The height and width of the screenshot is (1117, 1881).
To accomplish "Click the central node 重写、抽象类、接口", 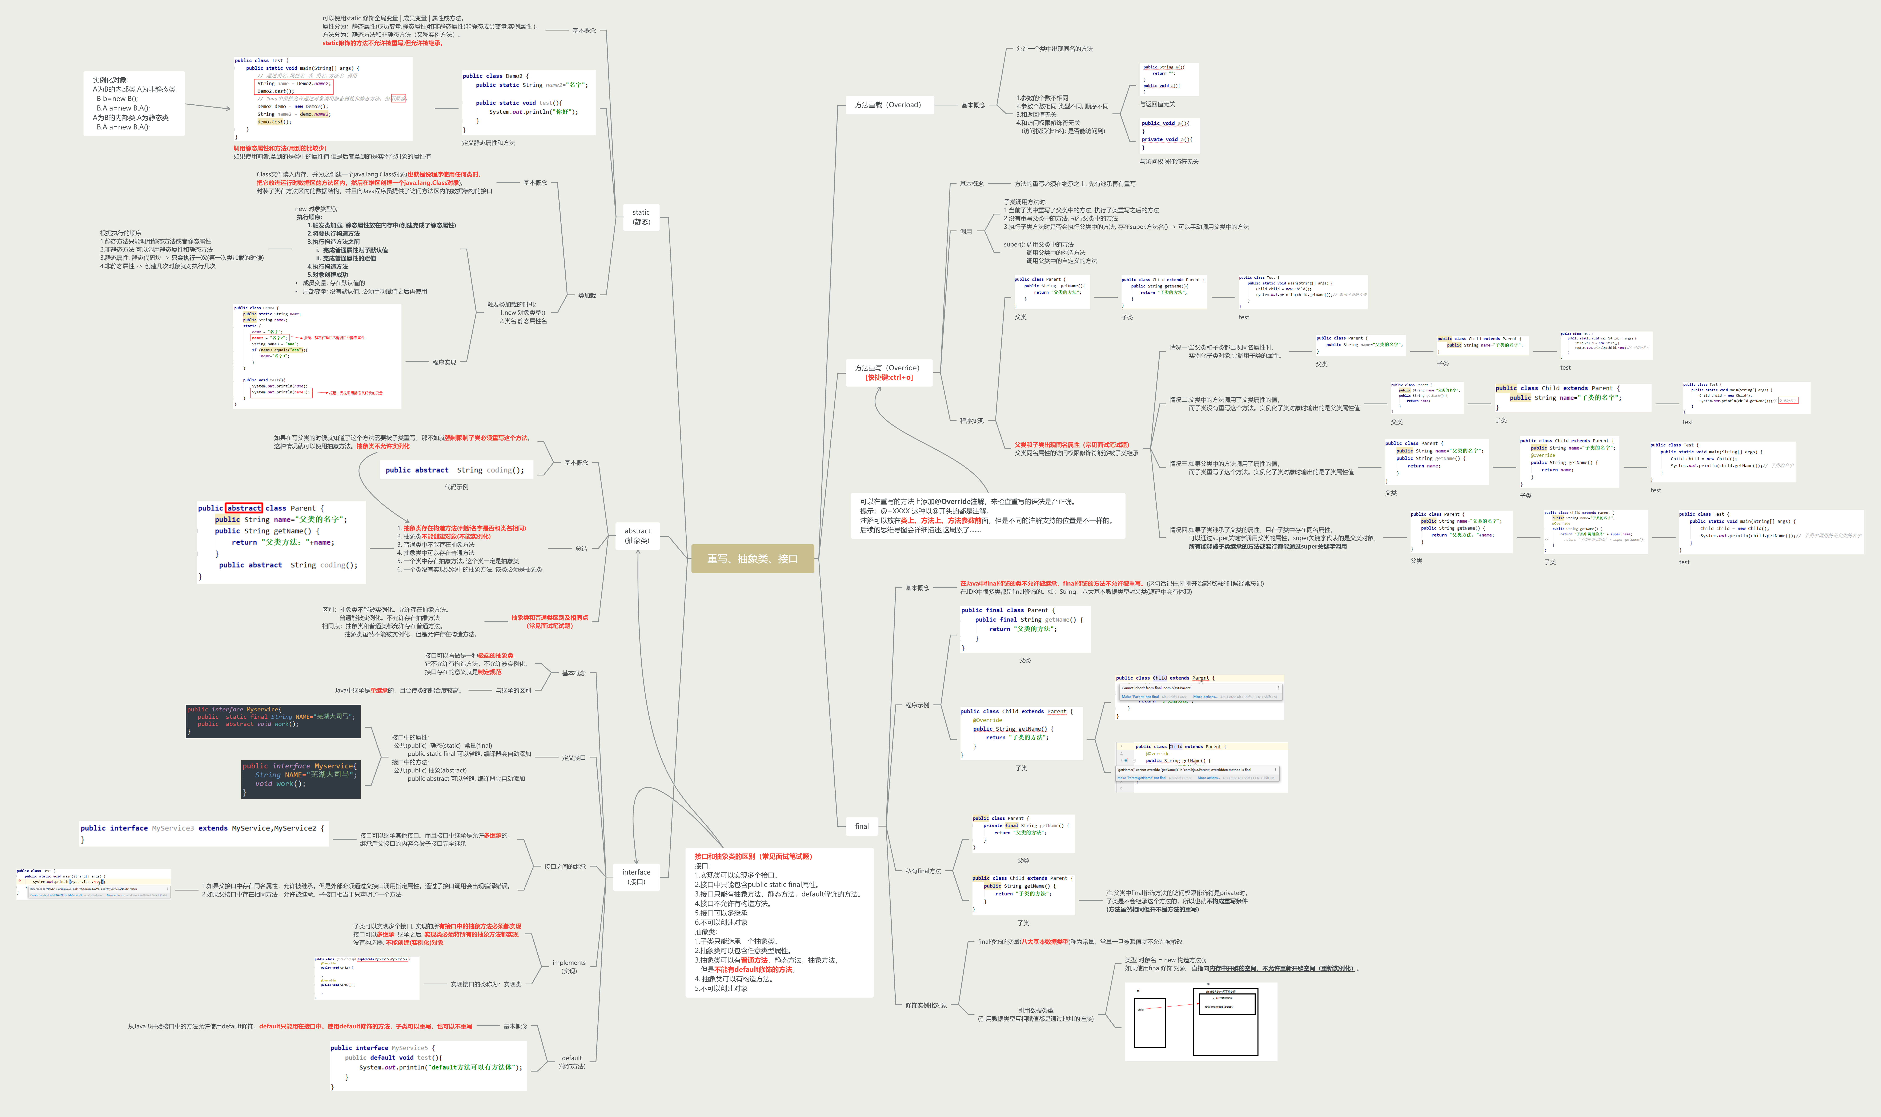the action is [752, 559].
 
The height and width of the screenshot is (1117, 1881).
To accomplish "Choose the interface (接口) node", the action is [636, 876].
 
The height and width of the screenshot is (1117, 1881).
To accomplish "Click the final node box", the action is [862, 826].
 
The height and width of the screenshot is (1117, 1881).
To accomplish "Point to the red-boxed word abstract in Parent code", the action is [244, 508].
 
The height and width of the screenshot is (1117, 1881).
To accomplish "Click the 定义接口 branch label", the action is [574, 758].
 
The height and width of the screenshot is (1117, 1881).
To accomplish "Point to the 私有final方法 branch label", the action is [923, 871].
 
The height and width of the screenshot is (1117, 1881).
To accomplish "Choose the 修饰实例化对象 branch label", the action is [926, 1005].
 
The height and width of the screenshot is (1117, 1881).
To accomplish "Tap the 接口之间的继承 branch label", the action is [565, 866].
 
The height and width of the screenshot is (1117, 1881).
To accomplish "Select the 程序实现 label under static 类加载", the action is [444, 362].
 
